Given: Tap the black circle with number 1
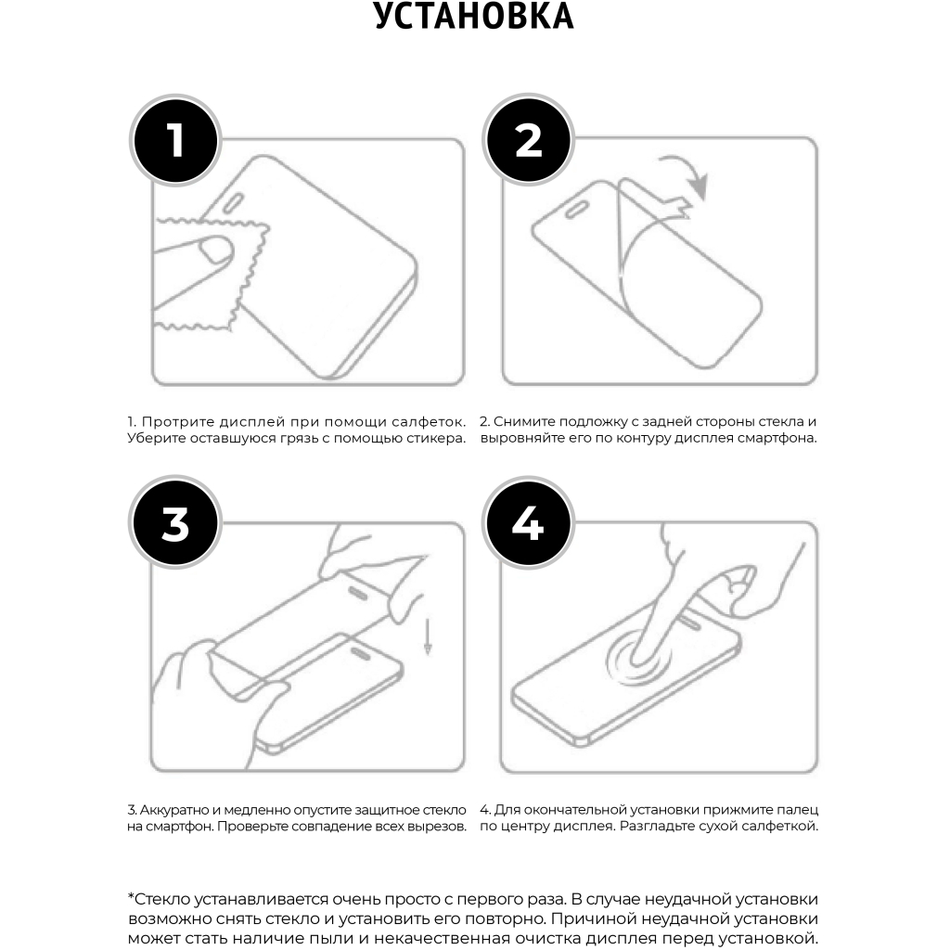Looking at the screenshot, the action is coord(175,140).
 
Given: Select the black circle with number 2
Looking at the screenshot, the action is coord(528,140).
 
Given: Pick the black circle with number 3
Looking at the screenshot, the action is coord(175,523).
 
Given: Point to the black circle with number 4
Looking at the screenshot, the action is coord(528,523).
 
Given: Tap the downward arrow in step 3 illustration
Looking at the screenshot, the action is coord(427,636).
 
